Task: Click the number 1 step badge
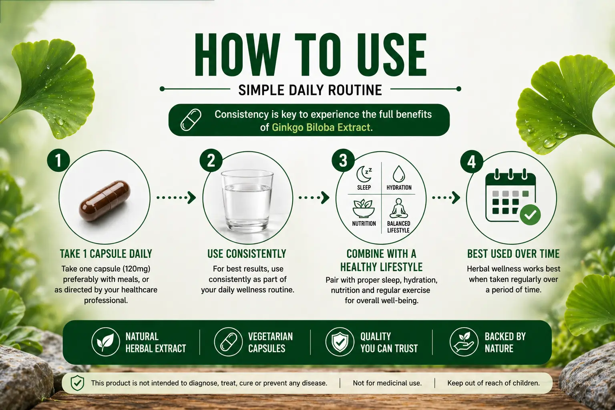click(x=58, y=161)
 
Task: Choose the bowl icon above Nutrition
click(x=362, y=208)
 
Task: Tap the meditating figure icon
click(x=398, y=208)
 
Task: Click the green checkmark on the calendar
click(x=530, y=215)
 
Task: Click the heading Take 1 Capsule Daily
click(x=106, y=253)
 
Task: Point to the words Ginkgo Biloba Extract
click(x=322, y=128)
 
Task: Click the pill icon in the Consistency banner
click(x=191, y=120)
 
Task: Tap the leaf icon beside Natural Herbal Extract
click(x=105, y=342)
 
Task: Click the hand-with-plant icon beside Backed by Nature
click(x=463, y=342)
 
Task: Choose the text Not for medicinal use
click(x=387, y=383)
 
